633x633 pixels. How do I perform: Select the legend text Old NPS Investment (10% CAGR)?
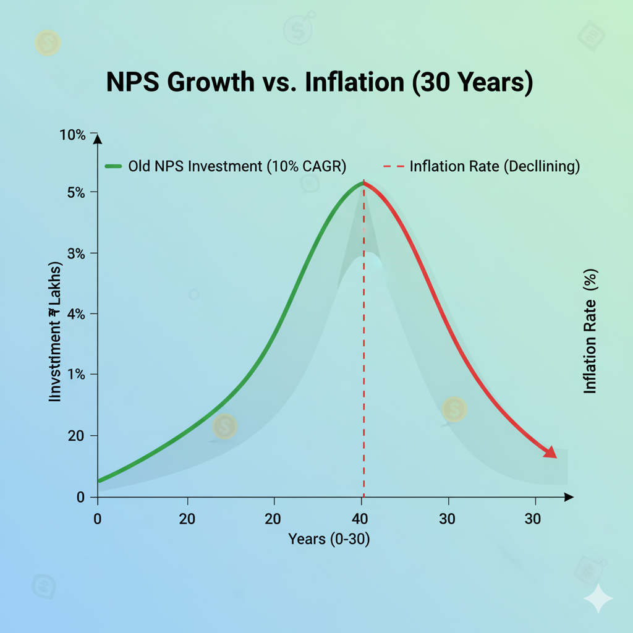237,166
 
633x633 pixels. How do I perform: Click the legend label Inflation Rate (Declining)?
495,166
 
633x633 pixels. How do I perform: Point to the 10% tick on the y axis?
74,134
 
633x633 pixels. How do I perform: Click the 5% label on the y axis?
77,192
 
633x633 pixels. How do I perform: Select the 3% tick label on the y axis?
77,253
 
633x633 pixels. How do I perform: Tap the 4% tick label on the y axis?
77,313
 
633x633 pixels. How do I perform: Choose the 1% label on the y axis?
77,374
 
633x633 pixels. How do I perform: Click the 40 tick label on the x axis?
362,518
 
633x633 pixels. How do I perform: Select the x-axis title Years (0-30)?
329,539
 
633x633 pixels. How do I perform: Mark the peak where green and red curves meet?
363,182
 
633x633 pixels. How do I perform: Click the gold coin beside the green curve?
224,427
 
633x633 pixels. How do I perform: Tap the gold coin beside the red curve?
454,409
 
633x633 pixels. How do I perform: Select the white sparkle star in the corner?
598,598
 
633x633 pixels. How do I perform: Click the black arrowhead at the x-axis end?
569,497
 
